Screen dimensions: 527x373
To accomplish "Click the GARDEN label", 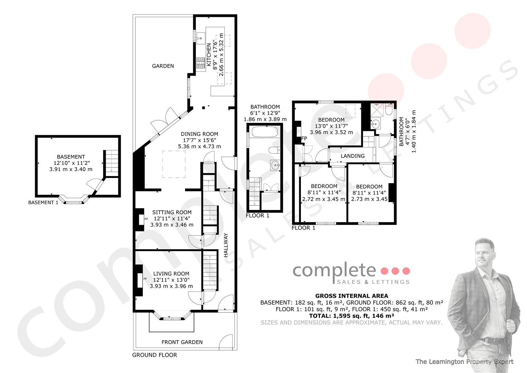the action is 163,66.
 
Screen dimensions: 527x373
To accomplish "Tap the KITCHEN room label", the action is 209,55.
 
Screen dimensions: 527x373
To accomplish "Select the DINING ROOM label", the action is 199,134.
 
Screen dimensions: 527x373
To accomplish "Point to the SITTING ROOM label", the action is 172,212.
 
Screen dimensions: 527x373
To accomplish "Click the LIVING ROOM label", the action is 171,274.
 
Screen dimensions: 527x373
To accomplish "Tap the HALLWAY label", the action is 226,245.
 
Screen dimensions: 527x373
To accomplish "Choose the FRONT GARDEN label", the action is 182,342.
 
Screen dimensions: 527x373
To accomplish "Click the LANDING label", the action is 352,156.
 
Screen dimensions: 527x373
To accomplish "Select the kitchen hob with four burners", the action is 201,63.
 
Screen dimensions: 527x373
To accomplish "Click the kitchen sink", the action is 201,38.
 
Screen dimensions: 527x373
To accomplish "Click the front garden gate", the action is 226,342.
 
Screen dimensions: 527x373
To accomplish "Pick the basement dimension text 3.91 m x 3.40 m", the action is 71,169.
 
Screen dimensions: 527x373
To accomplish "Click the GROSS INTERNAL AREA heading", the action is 351,296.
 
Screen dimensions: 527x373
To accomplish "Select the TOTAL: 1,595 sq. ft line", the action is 351,316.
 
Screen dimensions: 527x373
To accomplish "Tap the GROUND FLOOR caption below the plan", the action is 154,355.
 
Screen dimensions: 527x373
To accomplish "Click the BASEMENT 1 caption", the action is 43,202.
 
